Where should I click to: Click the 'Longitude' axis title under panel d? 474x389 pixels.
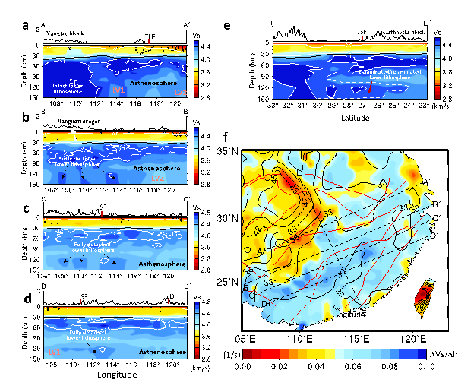coord(115,374)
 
